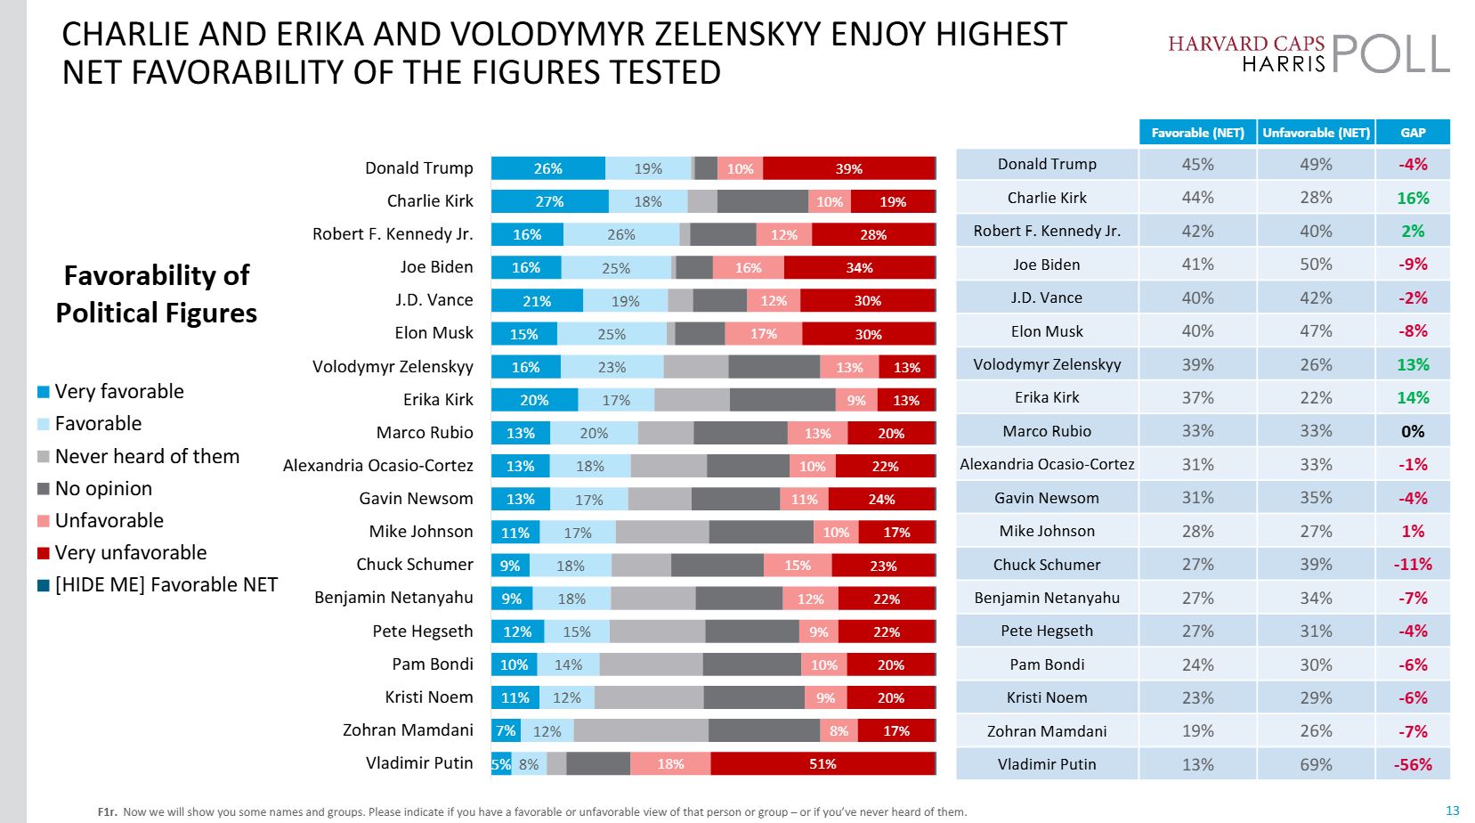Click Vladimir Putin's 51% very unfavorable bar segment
(823, 764)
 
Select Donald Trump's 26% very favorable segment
(547, 168)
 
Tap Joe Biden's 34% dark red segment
(859, 267)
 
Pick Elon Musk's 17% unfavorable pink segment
(763, 334)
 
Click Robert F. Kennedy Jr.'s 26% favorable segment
(620, 234)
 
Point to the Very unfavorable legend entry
(130, 553)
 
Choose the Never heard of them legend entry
(147, 457)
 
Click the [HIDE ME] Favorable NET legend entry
(166, 585)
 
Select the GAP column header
(1413, 133)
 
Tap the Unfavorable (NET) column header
(1316, 133)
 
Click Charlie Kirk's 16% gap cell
(1413, 198)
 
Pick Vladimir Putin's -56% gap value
(1413, 764)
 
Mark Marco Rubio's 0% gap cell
(1413, 431)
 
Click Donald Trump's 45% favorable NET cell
(1197, 165)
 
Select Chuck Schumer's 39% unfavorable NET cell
(1316, 565)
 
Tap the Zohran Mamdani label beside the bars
(408, 730)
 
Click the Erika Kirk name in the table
(1047, 398)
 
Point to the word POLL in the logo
(1390, 53)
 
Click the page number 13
(1453, 811)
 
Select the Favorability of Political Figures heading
(157, 294)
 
